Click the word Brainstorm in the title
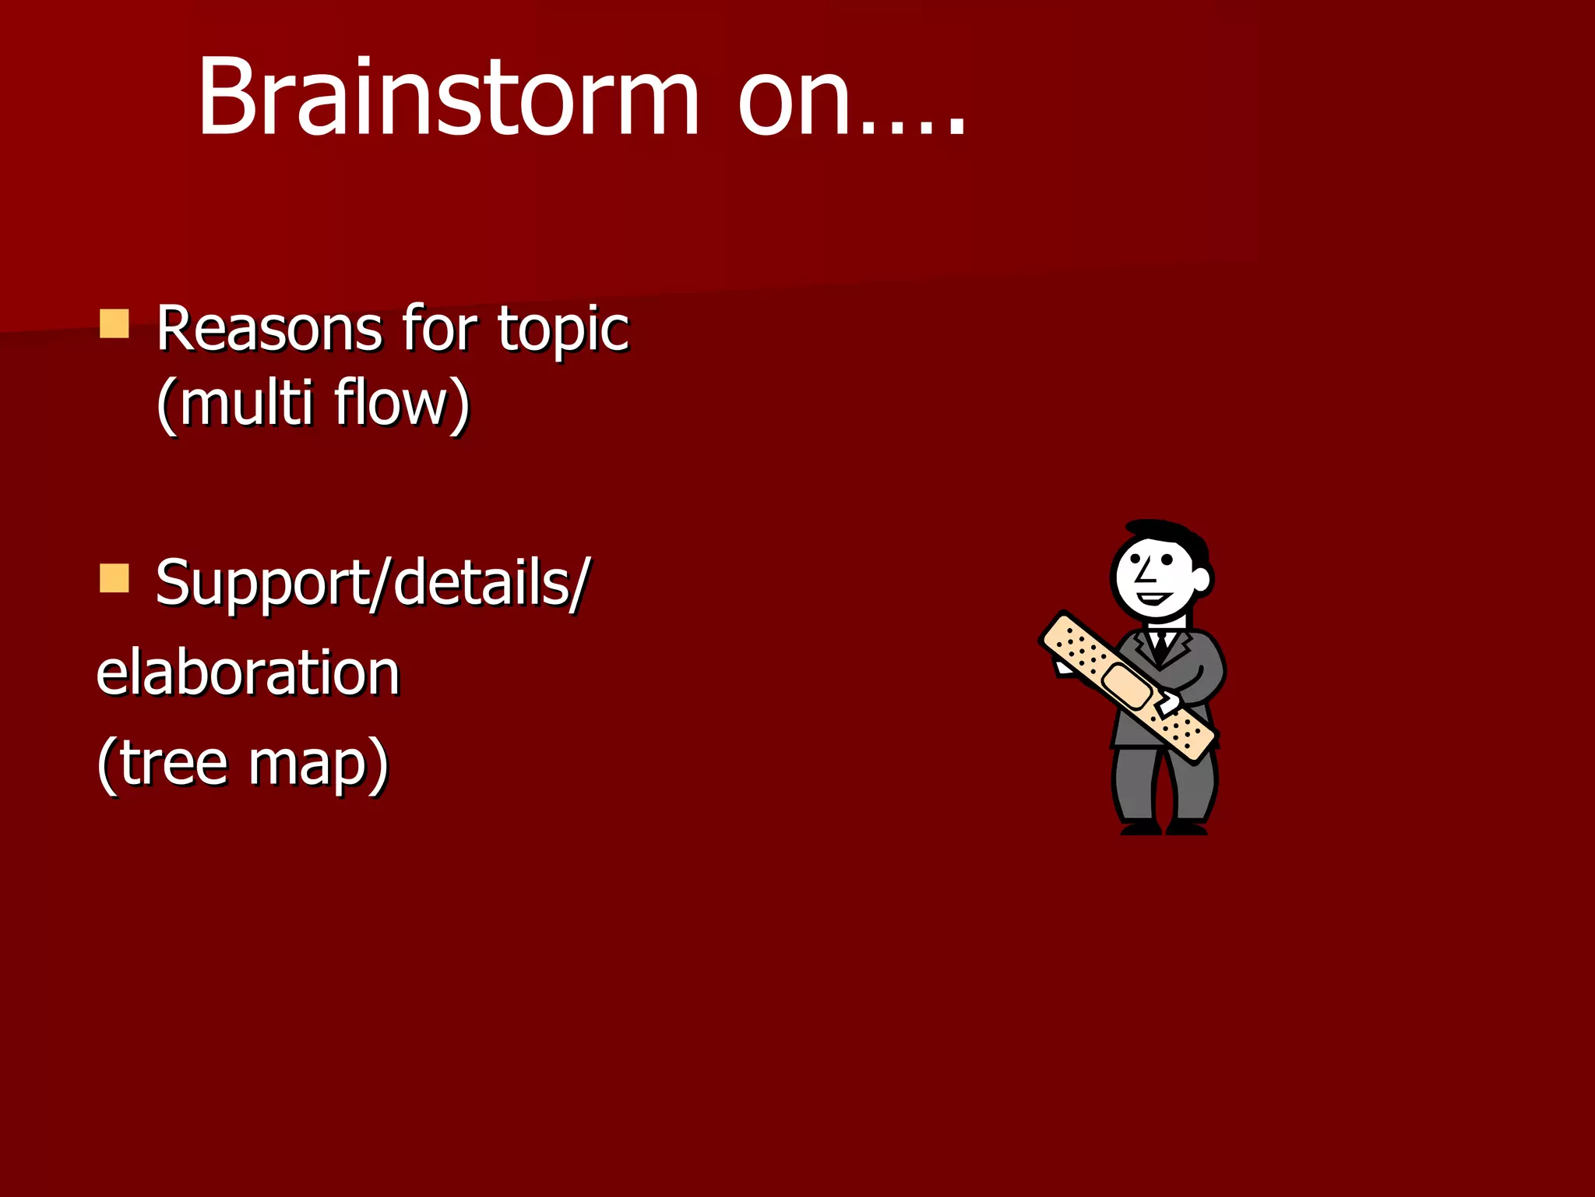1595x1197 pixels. pyautogui.click(x=448, y=97)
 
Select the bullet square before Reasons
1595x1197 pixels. pyautogui.click(x=114, y=323)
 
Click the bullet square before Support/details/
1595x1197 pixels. pyautogui.click(x=114, y=578)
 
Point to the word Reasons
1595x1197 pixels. pyautogui.click(x=269, y=329)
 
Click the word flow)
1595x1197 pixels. pyautogui.click(x=402, y=403)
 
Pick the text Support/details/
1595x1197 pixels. pyautogui.click(x=372, y=583)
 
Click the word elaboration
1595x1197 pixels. pyautogui.click(x=248, y=673)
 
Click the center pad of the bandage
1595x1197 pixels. pyautogui.click(x=1127, y=687)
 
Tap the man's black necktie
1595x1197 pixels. pyautogui.click(x=1161, y=645)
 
